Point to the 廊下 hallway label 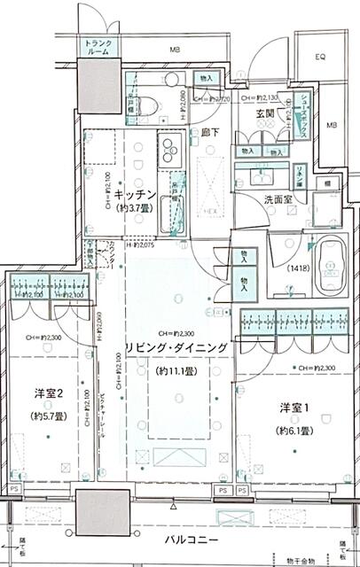pos(211,133)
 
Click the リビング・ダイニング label pos(176,347)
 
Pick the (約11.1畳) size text pos(176,370)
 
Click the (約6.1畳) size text pos(293,431)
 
